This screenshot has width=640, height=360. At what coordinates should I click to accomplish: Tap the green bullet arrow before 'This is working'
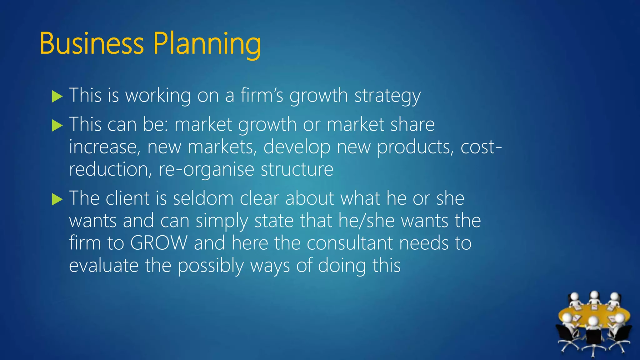57,97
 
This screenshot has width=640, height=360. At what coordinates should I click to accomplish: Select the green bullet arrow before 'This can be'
57,126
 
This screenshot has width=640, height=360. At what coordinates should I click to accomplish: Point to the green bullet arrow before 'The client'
57,199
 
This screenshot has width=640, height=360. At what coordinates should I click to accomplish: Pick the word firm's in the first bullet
262,95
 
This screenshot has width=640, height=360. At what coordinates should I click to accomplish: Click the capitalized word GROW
159,243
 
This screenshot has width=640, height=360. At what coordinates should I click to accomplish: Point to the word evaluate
103,265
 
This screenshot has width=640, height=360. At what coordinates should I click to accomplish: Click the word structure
297,169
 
